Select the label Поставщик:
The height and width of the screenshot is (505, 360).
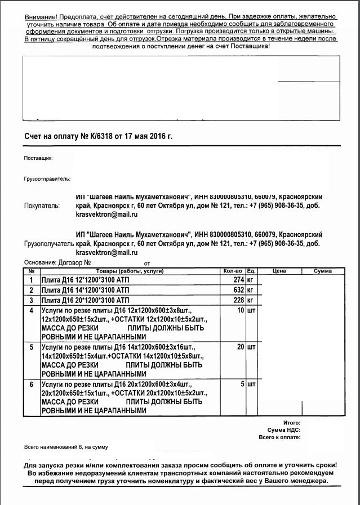[x=38, y=159]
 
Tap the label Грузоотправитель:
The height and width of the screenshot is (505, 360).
[x=47, y=179]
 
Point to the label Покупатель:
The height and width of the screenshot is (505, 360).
[x=42, y=206]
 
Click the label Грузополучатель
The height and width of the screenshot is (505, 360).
[x=49, y=244]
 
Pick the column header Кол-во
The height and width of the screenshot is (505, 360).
[x=233, y=271]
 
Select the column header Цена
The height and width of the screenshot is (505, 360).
[x=279, y=271]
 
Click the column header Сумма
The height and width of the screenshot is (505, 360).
[x=323, y=271]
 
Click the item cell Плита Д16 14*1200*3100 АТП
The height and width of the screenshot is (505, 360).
[x=85, y=290]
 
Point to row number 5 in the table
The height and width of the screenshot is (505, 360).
[x=31, y=347]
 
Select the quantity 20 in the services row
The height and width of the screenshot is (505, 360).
[x=241, y=347]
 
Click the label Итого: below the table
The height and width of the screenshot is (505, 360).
[x=291, y=422]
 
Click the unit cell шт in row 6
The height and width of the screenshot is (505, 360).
[x=251, y=385]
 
